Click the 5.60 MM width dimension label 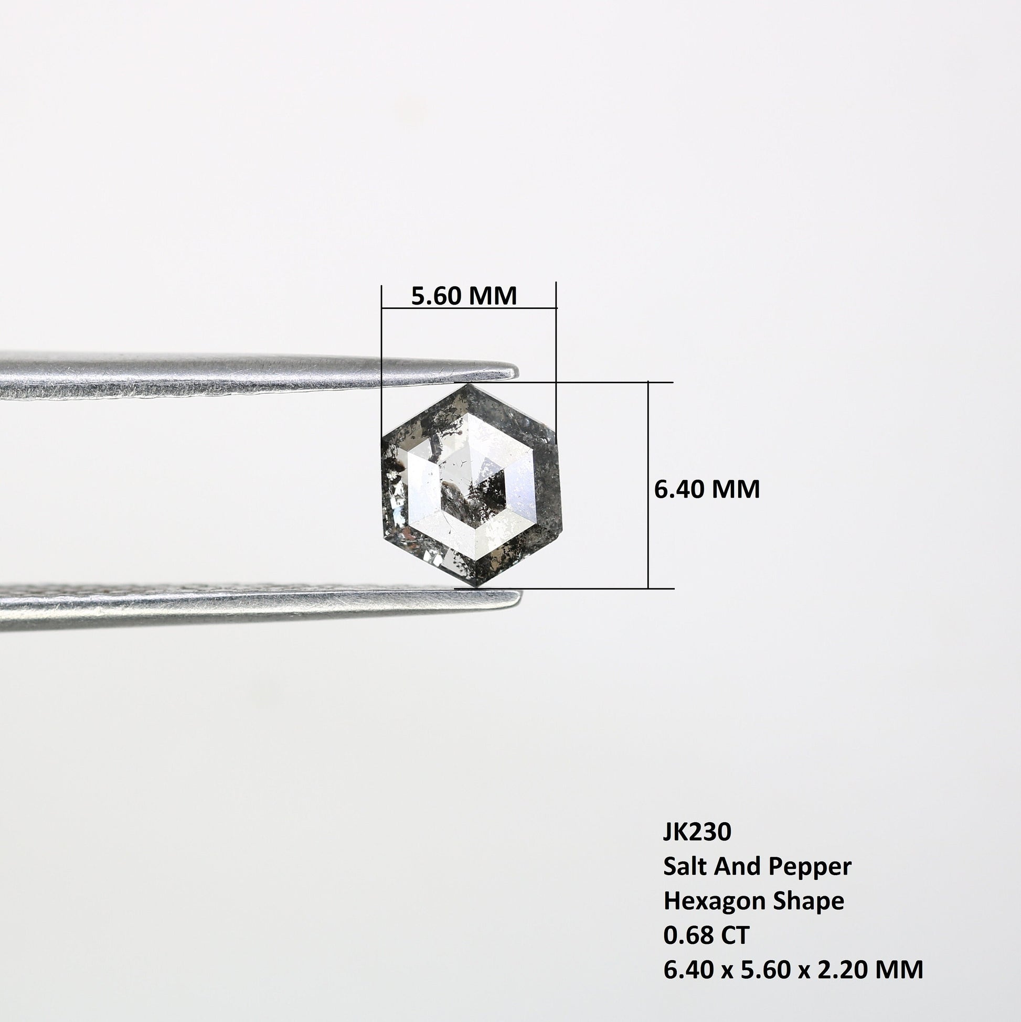464,296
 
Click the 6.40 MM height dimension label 707,489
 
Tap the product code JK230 697,832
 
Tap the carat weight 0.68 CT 706,935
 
